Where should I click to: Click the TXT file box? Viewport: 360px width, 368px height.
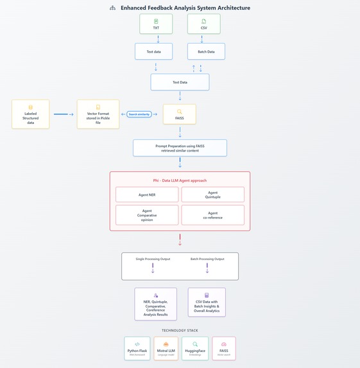click(x=156, y=24)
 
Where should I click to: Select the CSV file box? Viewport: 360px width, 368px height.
click(x=203, y=24)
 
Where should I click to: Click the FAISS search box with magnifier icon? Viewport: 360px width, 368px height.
click(x=179, y=114)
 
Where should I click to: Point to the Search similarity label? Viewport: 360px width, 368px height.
click(x=139, y=114)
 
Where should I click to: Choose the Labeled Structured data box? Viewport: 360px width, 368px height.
click(x=30, y=114)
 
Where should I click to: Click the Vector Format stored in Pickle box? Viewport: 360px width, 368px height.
click(x=98, y=114)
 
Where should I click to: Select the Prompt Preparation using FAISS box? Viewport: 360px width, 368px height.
click(x=180, y=148)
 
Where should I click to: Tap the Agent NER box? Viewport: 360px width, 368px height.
click(x=148, y=195)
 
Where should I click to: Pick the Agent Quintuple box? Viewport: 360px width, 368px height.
click(x=212, y=195)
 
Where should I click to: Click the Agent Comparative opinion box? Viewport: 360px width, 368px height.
click(x=148, y=215)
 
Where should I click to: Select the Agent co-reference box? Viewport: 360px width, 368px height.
click(x=212, y=215)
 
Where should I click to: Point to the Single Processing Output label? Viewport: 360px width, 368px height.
click(x=153, y=259)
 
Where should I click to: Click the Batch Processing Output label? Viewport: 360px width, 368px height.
click(x=207, y=259)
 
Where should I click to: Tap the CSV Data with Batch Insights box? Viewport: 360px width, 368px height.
click(x=207, y=304)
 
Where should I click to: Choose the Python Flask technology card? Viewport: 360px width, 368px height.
click(x=138, y=348)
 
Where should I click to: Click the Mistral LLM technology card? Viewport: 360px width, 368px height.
click(x=166, y=348)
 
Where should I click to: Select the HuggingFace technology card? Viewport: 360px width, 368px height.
click(x=194, y=348)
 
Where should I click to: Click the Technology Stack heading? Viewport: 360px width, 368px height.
click(x=180, y=330)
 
